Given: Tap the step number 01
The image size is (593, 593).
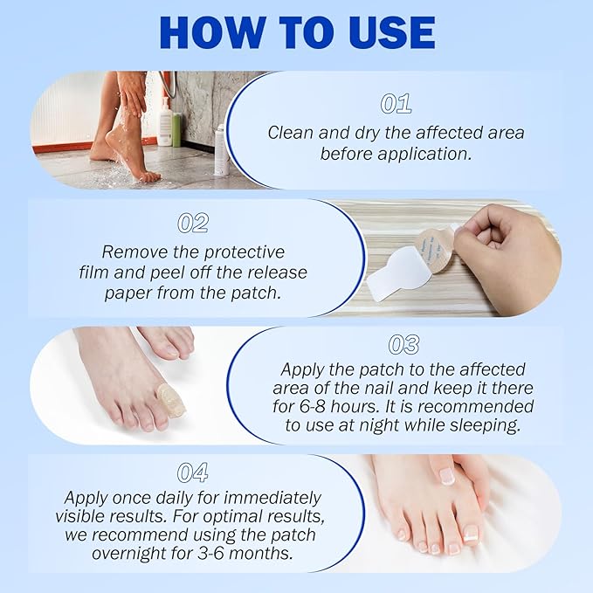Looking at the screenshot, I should (396, 104).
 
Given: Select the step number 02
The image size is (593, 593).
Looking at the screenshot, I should (192, 223).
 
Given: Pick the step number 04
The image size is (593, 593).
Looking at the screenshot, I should (192, 472).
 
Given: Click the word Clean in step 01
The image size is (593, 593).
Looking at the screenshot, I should (290, 133).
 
